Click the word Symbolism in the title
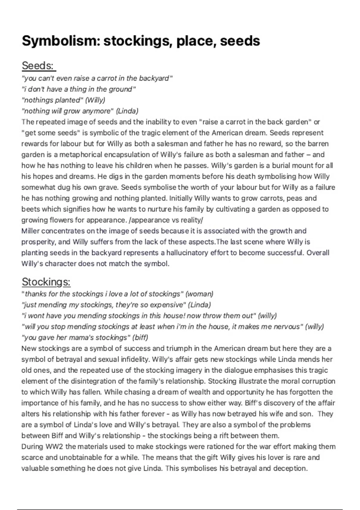click(60, 41)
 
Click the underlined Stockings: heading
click(46, 282)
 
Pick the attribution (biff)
click(140, 337)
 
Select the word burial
click(279, 166)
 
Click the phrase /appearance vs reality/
click(166, 220)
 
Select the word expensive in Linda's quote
click(166, 305)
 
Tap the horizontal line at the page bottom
click(180, 509)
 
